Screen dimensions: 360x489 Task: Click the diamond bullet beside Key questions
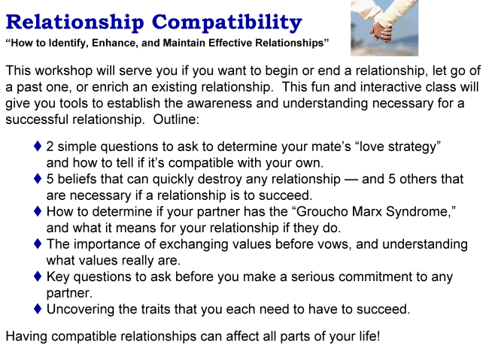[x=38, y=277]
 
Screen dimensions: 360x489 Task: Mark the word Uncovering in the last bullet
[x=84, y=310]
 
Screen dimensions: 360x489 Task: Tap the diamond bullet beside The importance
[x=38, y=244]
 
